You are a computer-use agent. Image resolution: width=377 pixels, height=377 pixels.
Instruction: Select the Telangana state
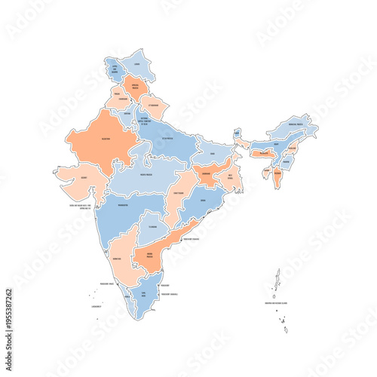tap(152, 225)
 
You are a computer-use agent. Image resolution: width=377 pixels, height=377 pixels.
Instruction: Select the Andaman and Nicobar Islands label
tap(277, 303)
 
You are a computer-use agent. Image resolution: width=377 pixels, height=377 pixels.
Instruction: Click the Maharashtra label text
tap(123, 205)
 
